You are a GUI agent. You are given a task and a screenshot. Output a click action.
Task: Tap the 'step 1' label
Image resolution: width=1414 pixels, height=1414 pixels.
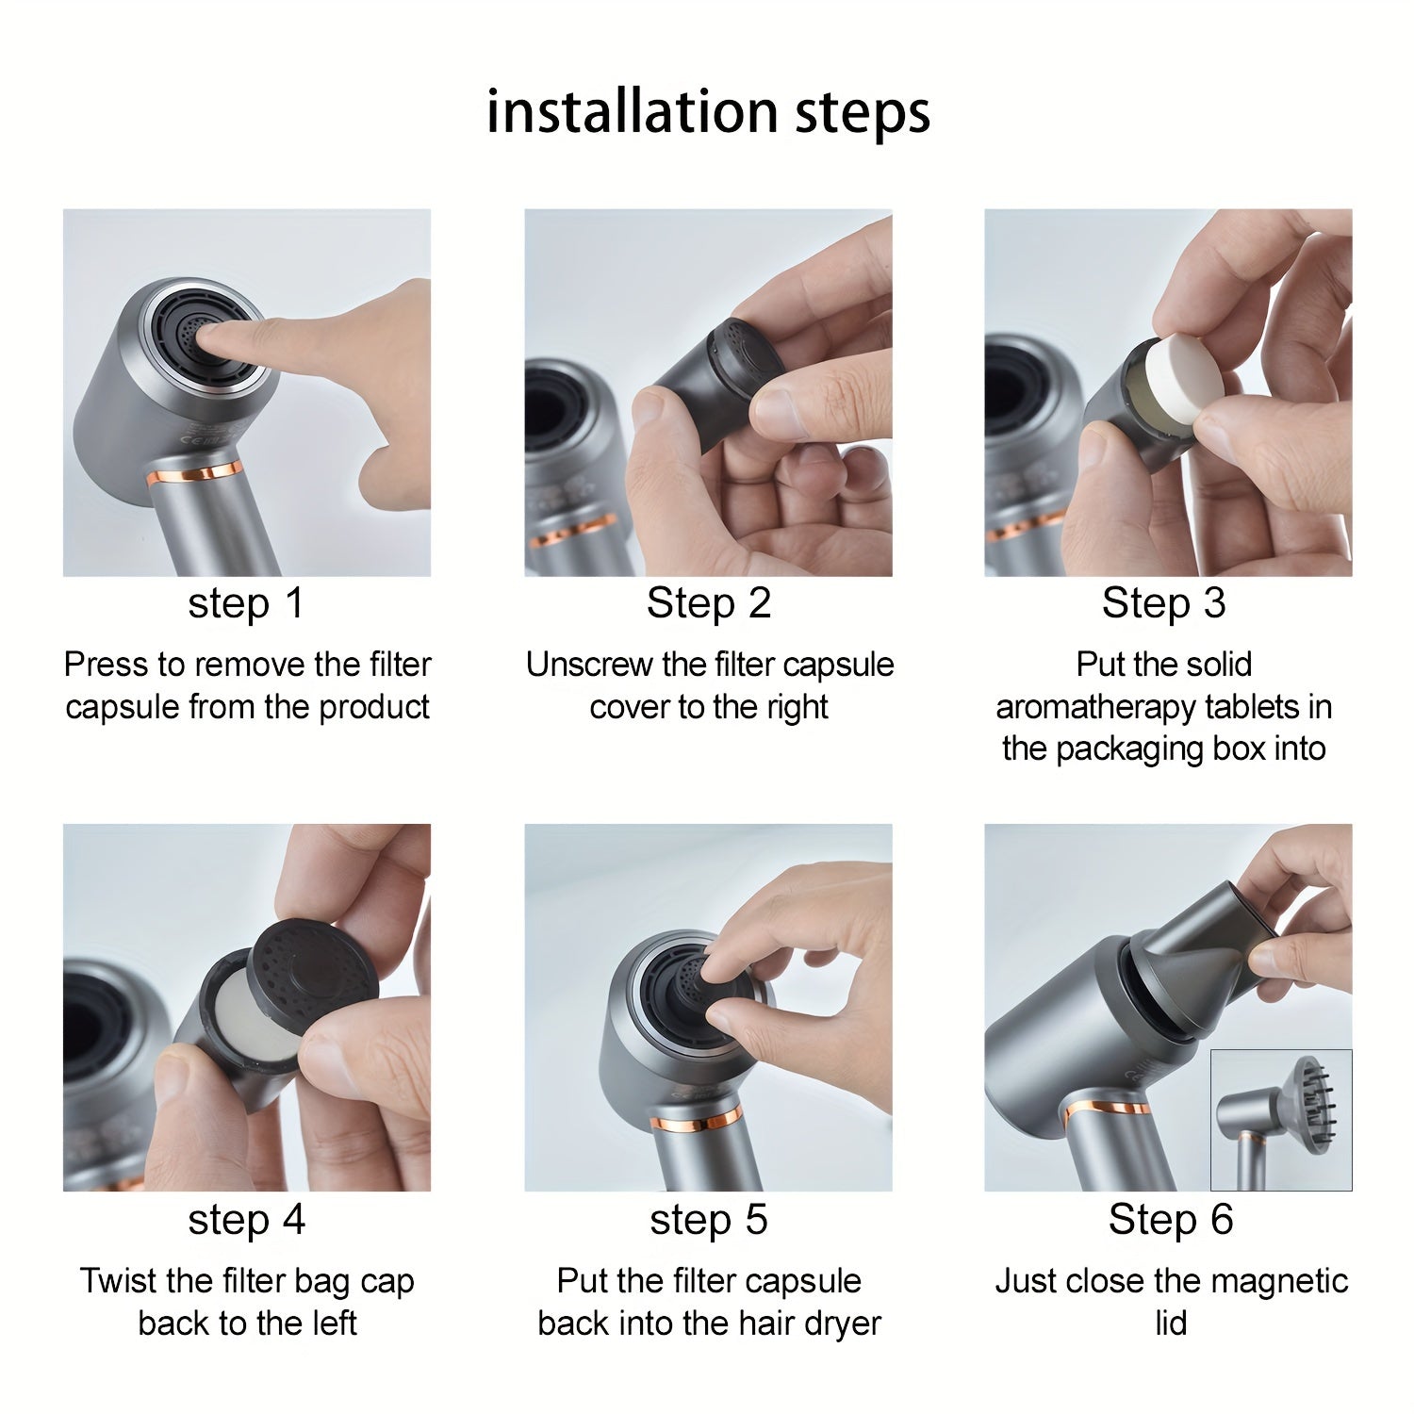pos(246,603)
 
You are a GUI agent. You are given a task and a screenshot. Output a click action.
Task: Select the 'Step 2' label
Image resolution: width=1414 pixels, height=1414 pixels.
pos(708,603)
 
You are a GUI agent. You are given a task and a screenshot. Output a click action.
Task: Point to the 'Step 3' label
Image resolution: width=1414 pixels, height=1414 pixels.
pos(1163,603)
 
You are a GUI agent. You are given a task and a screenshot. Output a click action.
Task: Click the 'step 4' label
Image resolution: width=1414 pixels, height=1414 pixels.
pos(246,1220)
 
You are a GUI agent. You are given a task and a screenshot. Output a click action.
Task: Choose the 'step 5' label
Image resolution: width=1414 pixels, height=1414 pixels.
pos(708,1220)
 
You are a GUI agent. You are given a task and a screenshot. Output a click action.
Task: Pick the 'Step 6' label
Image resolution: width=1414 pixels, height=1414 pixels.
pos(1170,1220)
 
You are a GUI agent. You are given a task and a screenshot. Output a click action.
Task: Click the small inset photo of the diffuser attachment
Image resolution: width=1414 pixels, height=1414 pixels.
pos(1280,1120)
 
